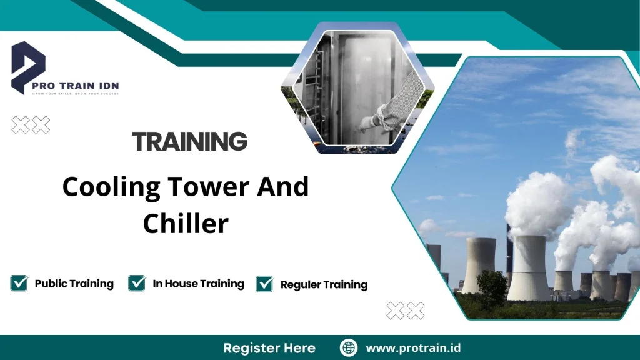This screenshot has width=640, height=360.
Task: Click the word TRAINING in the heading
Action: click(190, 142)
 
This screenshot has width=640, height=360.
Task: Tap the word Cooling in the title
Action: click(106, 187)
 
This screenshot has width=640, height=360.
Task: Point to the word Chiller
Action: click(186, 223)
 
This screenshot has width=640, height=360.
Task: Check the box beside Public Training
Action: click(19, 284)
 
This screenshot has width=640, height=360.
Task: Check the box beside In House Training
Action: click(137, 284)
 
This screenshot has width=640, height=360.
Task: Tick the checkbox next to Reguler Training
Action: click(265, 284)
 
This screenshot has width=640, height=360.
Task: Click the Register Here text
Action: click(269, 348)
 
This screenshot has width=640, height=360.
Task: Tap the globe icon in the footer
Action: click(349, 348)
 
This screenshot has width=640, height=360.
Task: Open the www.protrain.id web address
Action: click(413, 348)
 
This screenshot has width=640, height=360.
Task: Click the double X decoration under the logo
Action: click(31, 125)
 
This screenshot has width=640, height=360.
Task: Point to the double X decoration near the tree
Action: click(406, 310)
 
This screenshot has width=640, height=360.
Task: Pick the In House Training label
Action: click(198, 284)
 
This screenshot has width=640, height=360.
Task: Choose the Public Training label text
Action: click(74, 284)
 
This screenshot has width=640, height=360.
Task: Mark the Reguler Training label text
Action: click(324, 285)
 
